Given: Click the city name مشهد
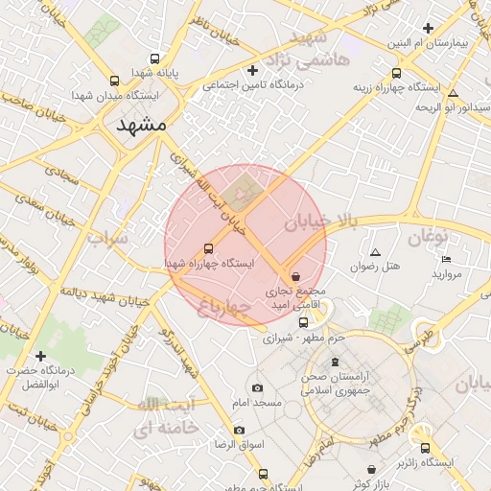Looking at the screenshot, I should (x=141, y=126).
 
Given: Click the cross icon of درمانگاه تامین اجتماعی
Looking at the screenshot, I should (x=253, y=70).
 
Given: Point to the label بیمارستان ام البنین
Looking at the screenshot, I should (x=431, y=44).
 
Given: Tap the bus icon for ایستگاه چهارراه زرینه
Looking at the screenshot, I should (x=397, y=73).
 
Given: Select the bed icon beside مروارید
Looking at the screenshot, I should (x=446, y=260).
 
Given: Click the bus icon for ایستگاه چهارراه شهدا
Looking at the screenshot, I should (x=209, y=248).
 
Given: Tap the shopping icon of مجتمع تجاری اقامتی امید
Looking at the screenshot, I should (x=294, y=275).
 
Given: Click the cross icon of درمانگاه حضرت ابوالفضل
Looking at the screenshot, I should (x=40, y=356).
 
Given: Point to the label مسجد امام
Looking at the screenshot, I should (x=257, y=402).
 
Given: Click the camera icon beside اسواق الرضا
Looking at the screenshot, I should (x=239, y=430).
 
